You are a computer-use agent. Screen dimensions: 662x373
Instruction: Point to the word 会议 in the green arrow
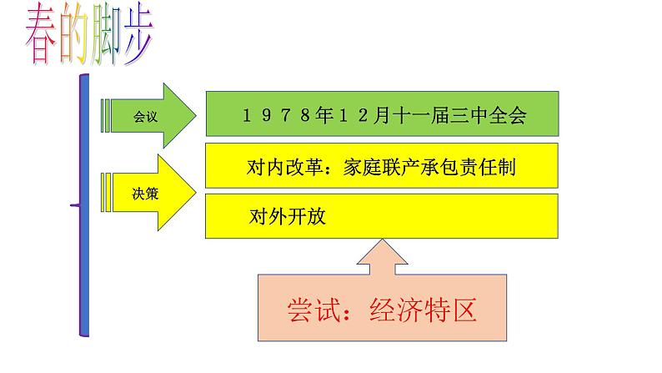[x=144, y=116]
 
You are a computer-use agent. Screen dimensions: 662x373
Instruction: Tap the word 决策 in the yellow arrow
[x=144, y=194]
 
